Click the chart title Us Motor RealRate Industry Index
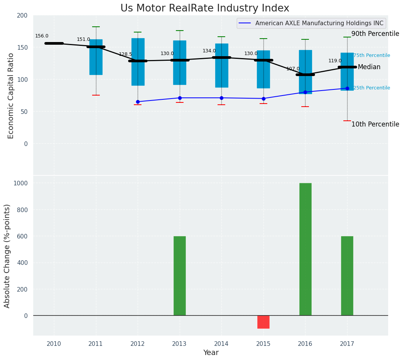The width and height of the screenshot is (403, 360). [x=205, y=8]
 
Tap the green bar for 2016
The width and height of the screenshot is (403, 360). [x=305, y=249]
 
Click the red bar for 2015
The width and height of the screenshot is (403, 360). [x=263, y=322]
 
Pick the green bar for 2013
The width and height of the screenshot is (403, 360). [x=180, y=276]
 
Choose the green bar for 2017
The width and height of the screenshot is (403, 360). [x=347, y=276]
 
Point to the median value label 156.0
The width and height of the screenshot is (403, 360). [x=42, y=36]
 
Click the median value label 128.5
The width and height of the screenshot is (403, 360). [x=125, y=55]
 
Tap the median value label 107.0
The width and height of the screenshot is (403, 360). [x=293, y=69]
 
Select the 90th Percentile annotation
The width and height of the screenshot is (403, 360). [x=375, y=34]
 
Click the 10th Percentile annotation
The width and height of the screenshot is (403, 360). [x=375, y=125]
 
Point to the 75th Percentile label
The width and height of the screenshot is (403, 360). [x=372, y=56]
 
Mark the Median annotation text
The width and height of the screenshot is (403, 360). [x=369, y=67]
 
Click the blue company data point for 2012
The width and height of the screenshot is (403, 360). [x=138, y=102]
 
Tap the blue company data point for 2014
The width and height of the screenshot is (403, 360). [x=221, y=98]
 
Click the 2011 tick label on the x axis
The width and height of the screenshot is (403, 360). [x=96, y=344]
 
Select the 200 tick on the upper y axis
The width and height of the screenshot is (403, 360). [x=23, y=16]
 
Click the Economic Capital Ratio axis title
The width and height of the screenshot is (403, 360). [x=11, y=96]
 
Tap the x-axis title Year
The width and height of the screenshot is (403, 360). [x=211, y=353]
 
